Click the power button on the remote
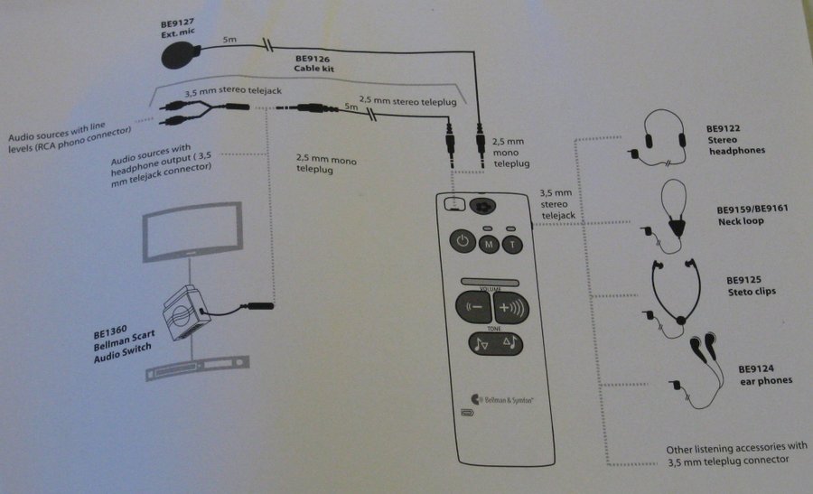coord(462,241)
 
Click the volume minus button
coord(472,305)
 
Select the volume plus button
coord(510,305)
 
